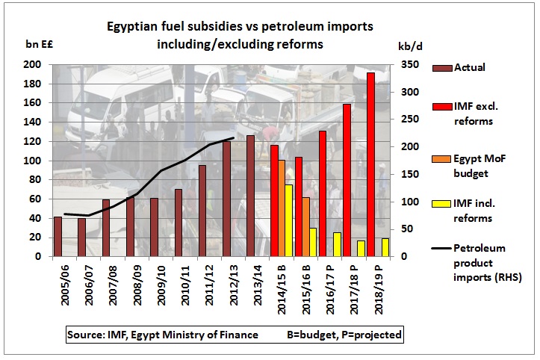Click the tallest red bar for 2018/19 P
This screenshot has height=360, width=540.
(x=371, y=164)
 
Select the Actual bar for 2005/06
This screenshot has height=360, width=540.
(x=58, y=236)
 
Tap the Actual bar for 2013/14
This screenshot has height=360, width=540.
(x=250, y=196)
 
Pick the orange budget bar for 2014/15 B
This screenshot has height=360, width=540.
(x=282, y=208)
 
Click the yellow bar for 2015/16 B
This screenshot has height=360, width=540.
(x=313, y=242)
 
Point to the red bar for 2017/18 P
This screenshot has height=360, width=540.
(x=347, y=180)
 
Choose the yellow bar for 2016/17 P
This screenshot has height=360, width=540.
(x=337, y=244)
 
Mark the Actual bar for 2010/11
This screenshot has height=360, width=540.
(x=179, y=223)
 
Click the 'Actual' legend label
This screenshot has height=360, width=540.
(x=469, y=67)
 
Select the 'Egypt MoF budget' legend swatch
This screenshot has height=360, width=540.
(x=441, y=159)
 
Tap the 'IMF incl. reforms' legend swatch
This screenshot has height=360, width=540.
(x=441, y=204)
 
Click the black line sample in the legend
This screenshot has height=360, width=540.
(x=441, y=248)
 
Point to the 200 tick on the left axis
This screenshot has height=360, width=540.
(x=32, y=65)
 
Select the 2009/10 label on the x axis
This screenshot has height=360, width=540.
(x=161, y=285)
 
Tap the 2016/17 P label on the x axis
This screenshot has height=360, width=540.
(x=330, y=290)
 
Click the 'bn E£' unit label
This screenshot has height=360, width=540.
(x=40, y=44)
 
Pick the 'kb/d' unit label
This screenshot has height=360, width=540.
(x=410, y=46)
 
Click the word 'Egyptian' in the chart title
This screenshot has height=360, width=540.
(x=129, y=27)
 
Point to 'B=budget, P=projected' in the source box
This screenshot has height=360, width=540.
(x=344, y=335)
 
